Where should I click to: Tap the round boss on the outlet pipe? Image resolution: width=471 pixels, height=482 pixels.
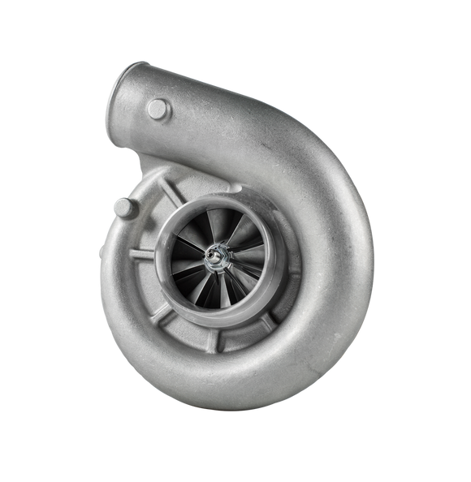click(158, 109)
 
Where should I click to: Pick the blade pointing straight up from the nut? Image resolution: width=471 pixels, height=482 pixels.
click(216, 226)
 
